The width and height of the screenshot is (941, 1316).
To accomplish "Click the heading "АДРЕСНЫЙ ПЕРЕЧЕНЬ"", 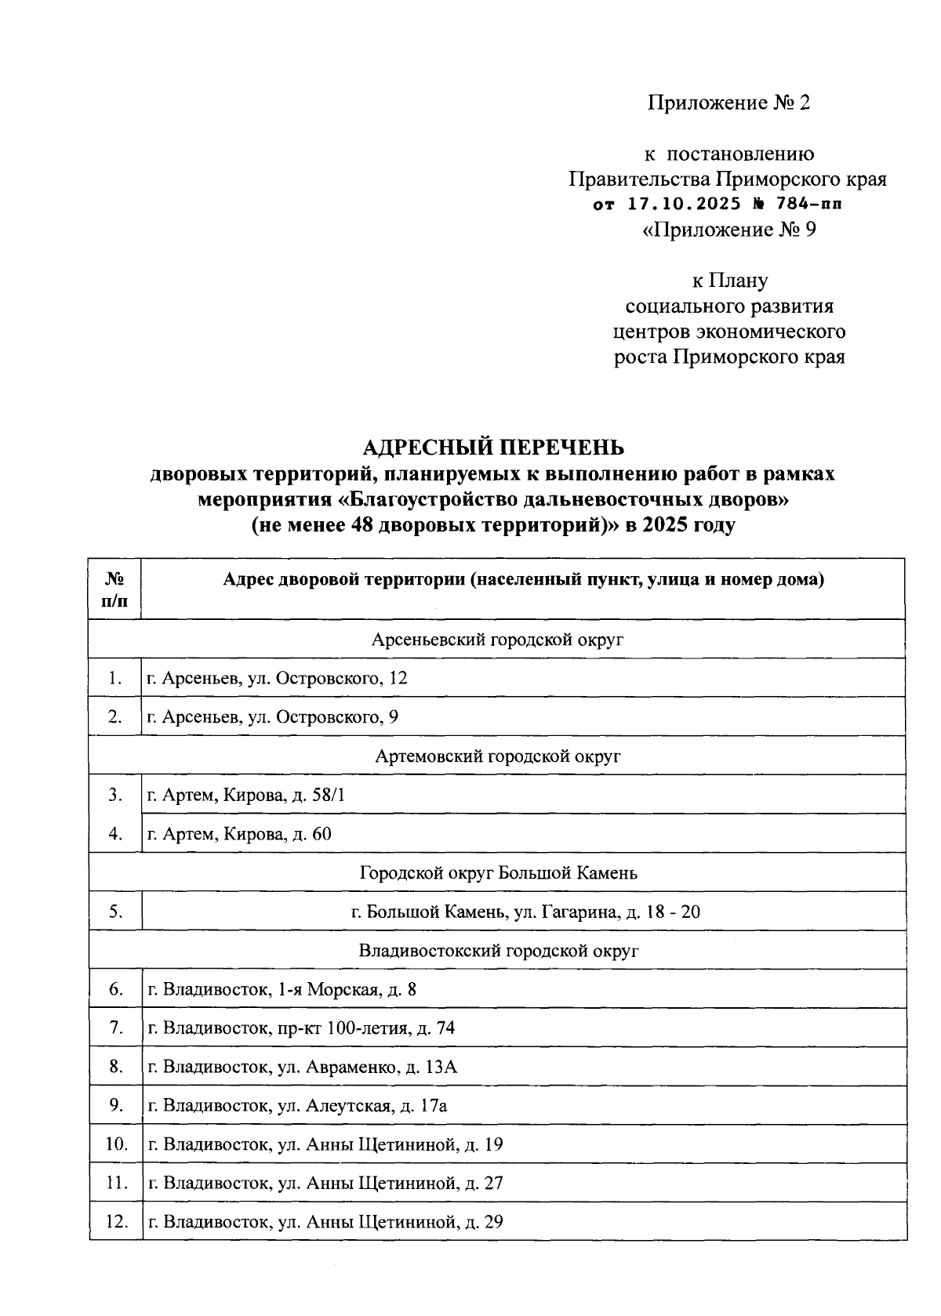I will point(493,448).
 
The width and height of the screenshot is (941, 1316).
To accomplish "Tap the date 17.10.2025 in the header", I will point(685,205).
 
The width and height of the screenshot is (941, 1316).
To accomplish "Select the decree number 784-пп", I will point(807,205).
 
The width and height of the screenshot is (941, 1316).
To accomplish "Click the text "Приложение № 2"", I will point(728,103).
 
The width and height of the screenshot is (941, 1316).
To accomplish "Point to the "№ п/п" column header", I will point(115,589).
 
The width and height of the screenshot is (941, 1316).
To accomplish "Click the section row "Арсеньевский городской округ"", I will point(497,640).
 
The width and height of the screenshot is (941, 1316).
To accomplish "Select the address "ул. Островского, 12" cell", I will point(278,678).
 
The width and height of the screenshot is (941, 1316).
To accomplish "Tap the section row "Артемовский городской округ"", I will point(497,756).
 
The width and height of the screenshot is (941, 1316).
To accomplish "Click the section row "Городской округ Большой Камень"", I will point(497,872).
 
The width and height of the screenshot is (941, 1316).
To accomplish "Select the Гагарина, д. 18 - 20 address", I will point(525,912).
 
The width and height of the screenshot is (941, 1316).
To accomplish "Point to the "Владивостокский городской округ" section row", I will point(497,951).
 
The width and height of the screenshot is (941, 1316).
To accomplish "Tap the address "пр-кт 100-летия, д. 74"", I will point(301,1028).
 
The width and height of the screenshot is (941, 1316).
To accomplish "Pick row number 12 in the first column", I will point(116,1221).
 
